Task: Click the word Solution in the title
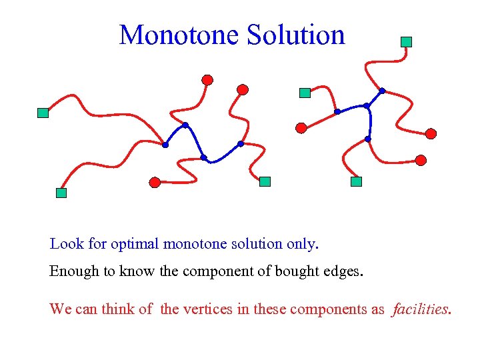pyautogui.click(x=295, y=35)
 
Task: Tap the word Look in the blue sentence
pyautogui.click(x=67, y=244)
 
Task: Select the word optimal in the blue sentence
pyautogui.click(x=135, y=244)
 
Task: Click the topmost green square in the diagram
pyautogui.click(x=406, y=41)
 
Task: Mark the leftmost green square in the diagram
pyautogui.click(x=43, y=113)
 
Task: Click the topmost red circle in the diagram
pyautogui.click(x=207, y=80)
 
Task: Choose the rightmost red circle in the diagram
pyautogui.click(x=431, y=133)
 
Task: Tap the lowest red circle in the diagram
pyautogui.click(x=155, y=181)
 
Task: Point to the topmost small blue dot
pyautogui.click(x=382, y=91)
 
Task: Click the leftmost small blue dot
pyautogui.click(x=165, y=145)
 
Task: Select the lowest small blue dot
pyautogui.click(x=204, y=158)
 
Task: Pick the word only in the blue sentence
pyautogui.click(x=302, y=244)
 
